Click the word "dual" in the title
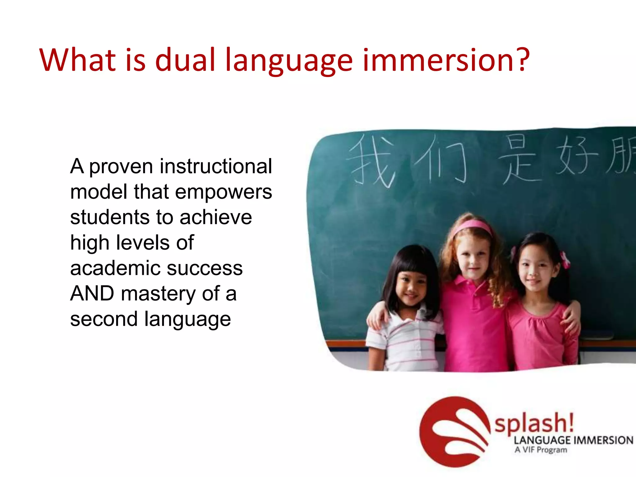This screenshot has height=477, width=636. (185, 60)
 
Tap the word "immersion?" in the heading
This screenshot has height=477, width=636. (446, 60)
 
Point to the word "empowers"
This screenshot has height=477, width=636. (224, 193)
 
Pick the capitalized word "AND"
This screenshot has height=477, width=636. (92, 293)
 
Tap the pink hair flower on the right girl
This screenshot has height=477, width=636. (565, 259)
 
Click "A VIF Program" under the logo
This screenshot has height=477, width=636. (541, 450)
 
